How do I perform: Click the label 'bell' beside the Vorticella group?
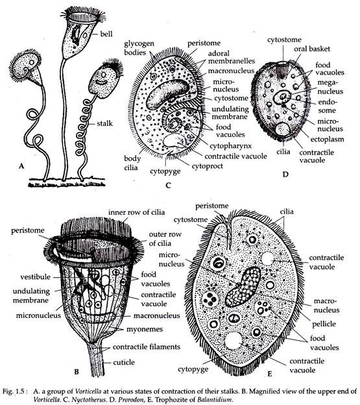[x=106, y=34]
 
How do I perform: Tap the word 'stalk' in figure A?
[x=105, y=123]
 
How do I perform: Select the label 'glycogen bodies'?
[x=139, y=48]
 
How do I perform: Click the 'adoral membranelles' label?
[x=231, y=57]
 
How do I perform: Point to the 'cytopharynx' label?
[x=230, y=146]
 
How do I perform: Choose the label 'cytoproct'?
[x=207, y=166]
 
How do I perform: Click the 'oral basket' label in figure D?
[x=312, y=49]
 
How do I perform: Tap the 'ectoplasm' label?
[x=327, y=139]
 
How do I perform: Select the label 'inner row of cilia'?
[x=136, y=212]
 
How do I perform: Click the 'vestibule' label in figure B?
[x=36, y=277]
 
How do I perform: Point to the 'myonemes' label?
[x=145, y=329]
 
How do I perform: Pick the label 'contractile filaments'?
[x=147, y=347]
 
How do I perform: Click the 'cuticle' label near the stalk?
[x=124, y=362]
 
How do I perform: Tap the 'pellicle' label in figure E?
[x=324, y=324]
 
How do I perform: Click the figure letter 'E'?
[x=270, y=374]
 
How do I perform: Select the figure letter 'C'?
[x=168, y=186]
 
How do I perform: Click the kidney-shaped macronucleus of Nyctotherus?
[x=168, y=93]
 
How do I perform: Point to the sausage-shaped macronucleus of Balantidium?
[x=243, y=287]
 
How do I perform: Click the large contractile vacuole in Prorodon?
[x=283, y=129]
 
